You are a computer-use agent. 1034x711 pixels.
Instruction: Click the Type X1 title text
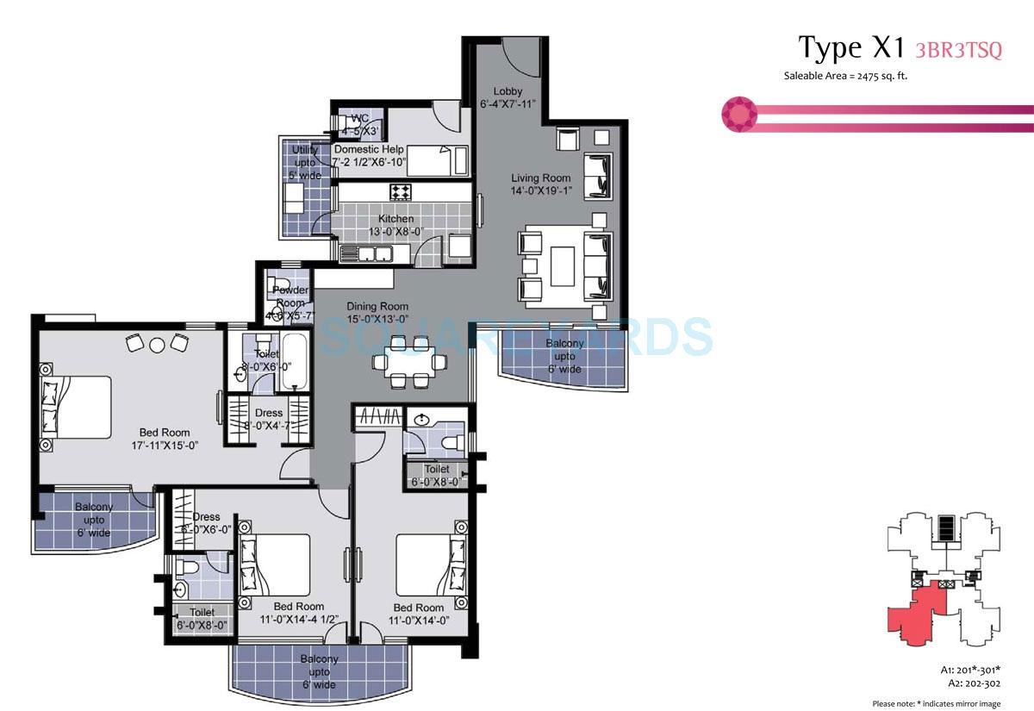tap(849, 48)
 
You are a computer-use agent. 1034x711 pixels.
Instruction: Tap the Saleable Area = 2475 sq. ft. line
tap(845, 76)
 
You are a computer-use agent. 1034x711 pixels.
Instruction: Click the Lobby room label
tap(508, 98)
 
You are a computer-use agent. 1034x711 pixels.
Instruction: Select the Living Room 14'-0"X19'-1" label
tap(540, 184)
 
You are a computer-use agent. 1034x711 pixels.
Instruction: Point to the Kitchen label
tap(396, 225)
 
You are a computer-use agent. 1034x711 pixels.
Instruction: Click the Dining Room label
tap(377, 312)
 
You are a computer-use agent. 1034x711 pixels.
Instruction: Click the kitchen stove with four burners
tap(401, 191)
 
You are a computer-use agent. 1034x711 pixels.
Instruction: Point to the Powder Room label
tap(290, 297)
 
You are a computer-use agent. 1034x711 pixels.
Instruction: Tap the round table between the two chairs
tap(156, 345)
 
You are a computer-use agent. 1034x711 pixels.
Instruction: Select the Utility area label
tap(305, 162)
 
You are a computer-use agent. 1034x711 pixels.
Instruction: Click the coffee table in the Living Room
tap(563, 265)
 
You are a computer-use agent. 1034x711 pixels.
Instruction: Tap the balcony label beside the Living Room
tap(564, 356)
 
